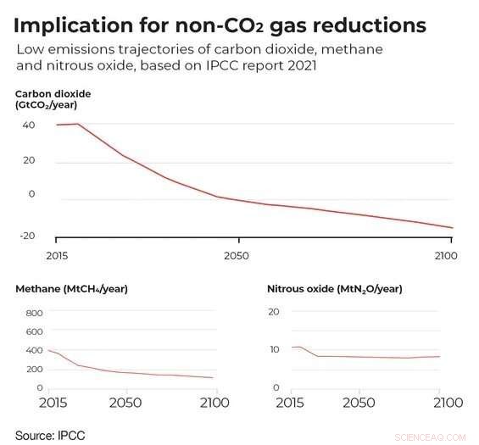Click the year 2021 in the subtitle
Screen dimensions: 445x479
coord(299,66)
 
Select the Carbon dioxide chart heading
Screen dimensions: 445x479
coord(53,98)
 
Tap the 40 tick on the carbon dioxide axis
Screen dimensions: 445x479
coord(29,125)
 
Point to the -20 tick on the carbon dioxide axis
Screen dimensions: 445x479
coord(27,235)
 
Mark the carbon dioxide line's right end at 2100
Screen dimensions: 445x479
coord(453,228)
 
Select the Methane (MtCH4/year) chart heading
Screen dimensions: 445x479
coord(71,289)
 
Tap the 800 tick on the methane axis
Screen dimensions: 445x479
coord(34,313)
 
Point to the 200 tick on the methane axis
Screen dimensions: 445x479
coord(34,370)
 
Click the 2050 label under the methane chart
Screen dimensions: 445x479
coord(126,402)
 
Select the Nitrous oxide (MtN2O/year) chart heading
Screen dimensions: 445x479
coord(334,289)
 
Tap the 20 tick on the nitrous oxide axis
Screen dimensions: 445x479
coord(273,312)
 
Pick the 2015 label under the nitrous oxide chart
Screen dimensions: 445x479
coord(291,402)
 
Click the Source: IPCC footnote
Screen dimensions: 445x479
coord(50,435)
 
